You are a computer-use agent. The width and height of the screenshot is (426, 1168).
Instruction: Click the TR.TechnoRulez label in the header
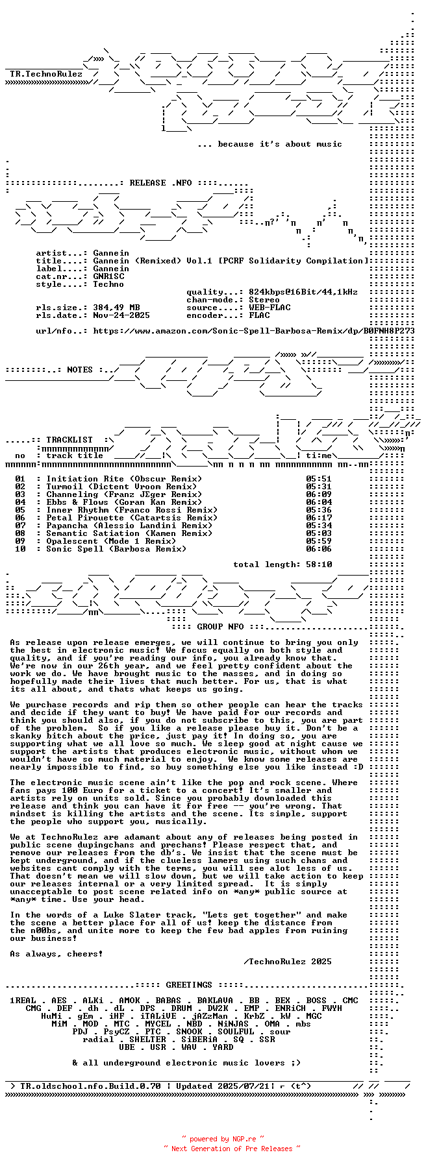coord(46,74)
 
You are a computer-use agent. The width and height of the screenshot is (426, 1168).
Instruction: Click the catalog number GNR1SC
coord(108,276)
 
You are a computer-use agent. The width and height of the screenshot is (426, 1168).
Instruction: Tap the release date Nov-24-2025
coord(121,315)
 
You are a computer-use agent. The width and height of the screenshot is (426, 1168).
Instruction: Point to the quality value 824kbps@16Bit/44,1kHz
coord(303,292)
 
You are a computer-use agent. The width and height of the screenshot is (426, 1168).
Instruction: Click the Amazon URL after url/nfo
coord(254,331)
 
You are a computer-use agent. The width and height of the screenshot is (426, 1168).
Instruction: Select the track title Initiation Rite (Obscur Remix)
coord(124,479)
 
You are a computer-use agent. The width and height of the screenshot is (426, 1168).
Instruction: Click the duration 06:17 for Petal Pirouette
coord(319,518)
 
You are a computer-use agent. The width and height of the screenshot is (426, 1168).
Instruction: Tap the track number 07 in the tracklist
coord(20,526)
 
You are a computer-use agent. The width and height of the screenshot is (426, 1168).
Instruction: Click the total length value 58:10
coord(319,565)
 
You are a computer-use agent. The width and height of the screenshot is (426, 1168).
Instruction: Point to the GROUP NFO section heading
coord(220,627)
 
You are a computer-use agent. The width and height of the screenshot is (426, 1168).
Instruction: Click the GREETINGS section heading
coord(189,985)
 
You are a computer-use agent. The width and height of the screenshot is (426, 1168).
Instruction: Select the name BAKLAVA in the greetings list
coord(215,1001)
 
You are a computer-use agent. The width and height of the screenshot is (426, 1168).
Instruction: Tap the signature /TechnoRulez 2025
coord(288,962)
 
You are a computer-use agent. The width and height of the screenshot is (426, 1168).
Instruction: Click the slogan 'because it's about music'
coord(269,144)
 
